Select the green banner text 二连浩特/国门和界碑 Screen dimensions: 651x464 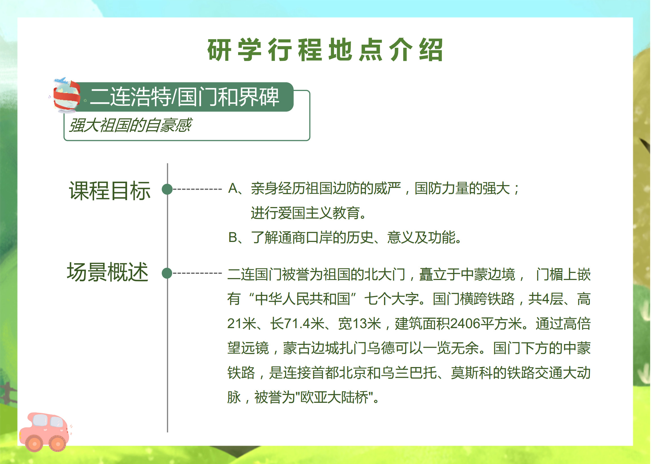click(184, 97)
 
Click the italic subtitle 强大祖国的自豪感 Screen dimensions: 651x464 click(130, 125)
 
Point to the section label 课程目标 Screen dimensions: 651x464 click(110, 191)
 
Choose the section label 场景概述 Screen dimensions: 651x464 click(108, 272)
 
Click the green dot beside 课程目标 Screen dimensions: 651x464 click(167, 189)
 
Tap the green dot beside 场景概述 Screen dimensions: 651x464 click(167, 273)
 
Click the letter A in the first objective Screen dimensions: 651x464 click(233, 188)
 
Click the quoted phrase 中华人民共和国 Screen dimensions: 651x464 click(302, 299)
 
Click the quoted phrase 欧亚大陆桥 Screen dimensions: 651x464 click(334, 397)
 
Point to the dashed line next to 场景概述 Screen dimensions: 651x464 click(197, 273)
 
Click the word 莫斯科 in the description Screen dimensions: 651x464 click(472, 373)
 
